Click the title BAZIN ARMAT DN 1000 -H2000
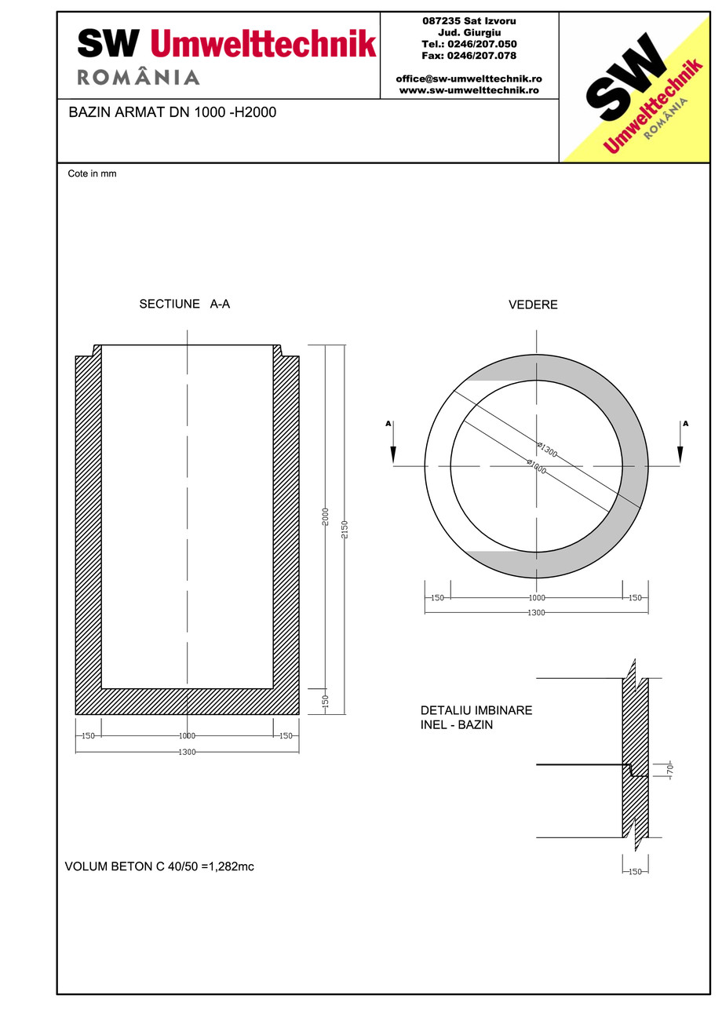point(173,112)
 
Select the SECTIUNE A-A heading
point(184,304)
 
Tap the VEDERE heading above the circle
point(533,304)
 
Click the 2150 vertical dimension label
point(345,529)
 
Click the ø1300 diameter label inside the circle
point(547,450)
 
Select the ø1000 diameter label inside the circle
point(537,465)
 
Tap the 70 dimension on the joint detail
point(669,771)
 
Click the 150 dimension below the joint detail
point(635,871)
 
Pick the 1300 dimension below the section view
point(187,752)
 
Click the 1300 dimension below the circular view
point(536,612)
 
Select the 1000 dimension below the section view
point(187,735)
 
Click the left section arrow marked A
point(392,444)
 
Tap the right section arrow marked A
point(680,444)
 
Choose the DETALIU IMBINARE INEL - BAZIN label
point(476,717)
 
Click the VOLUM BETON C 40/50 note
point(159,866)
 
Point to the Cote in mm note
point(92,173)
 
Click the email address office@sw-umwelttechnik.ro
point(469,78)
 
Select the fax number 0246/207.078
point(469,56)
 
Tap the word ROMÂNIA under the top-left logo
point(138,77)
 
